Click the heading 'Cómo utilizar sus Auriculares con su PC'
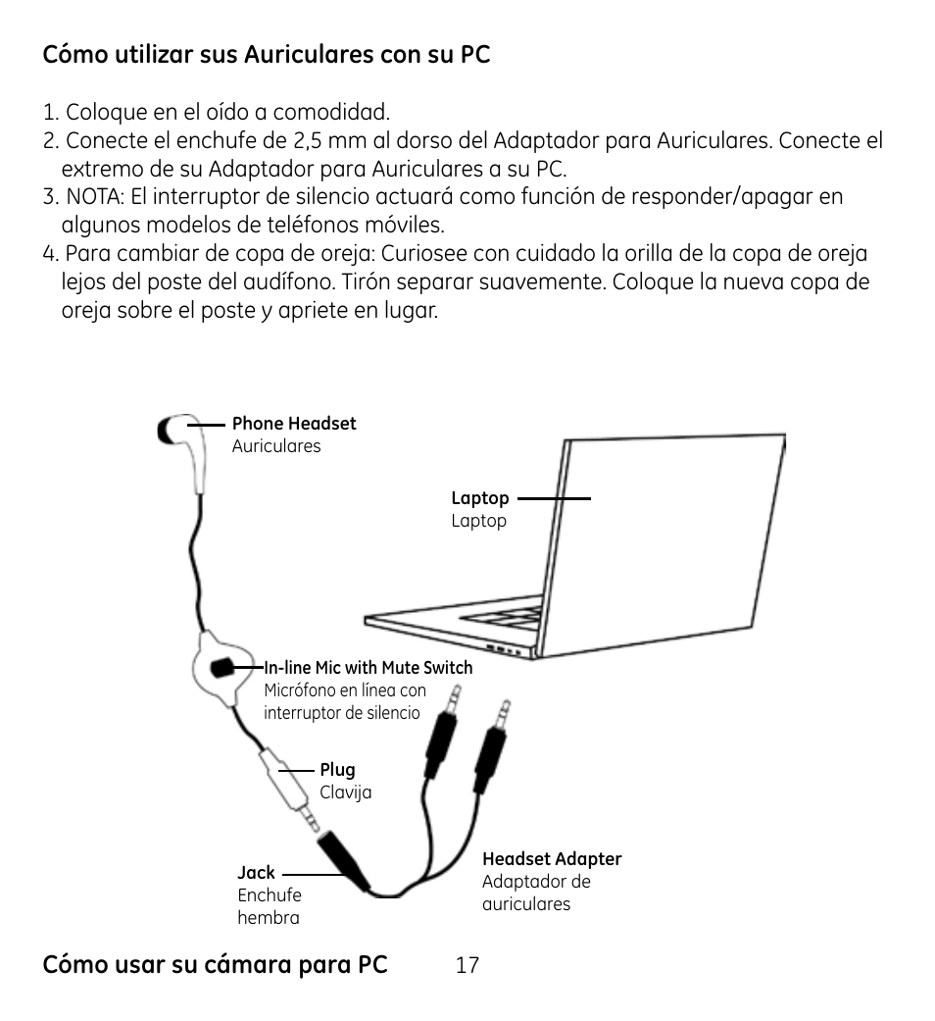coord(266,55)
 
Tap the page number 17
coord(467,965)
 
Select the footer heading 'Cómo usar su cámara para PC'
coord(215,965)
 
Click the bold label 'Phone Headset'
coord(294,424)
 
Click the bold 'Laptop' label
coord(479,498)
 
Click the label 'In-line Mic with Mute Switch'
coord(369,668)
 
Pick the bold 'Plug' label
coord(337,770)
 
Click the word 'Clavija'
coord(345,792)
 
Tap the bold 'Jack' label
coord(256,872)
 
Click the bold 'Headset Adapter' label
coord(552,859)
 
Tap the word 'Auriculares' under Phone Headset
coord(276,446)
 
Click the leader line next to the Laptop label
coord(554,498)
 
